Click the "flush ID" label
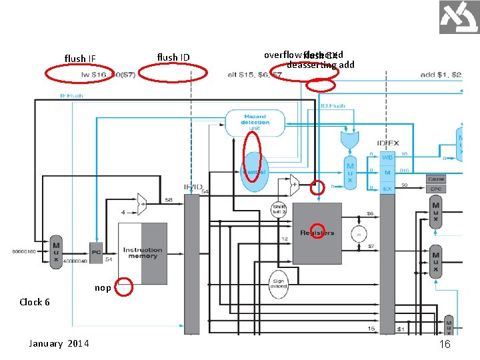pyautogui.click(x=173, y=57)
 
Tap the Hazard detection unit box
pyautogui.click(x=255, y=122)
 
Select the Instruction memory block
pyautogui.click(x=142, y=253)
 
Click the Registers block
pyautogui.click(x=317, y=233)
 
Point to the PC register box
pyautogui.click(x=97, y=253)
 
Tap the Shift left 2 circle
pyautogui.click(x=279, y=210)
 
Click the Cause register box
pyautogui.click(x=436, y=179)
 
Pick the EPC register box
pyautogui.click(x=436, y=189)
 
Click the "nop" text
pyautogui.click(x=103, y=288)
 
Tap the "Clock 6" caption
pyautogui.click(x=35, y=302)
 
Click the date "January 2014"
pyautogui.click(x=59, y=343)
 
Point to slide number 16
pyautogui.click(x=445, y=343)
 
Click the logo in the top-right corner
pyautogui.click(x=459, y=17)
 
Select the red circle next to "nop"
pyautogui.click(x=125, y=287)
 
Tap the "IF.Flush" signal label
pyautogui.click(x=71, y=96)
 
